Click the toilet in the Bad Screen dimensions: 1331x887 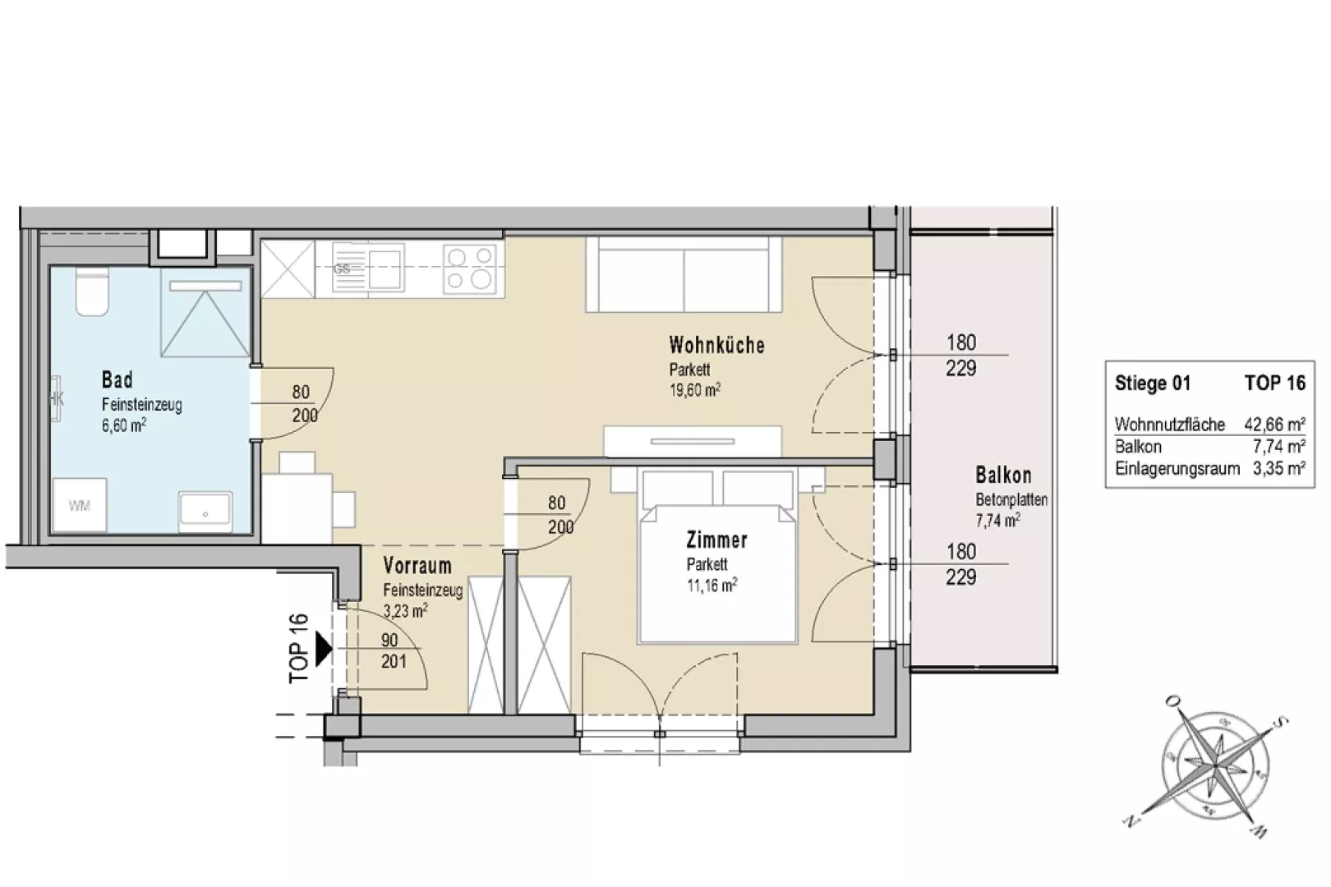pos(91,292)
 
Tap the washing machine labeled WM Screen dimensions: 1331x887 pos(80,506)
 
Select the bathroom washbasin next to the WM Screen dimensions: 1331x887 pos(205,510)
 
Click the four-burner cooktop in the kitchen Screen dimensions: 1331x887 pos(469,269)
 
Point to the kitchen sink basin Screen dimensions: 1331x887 pos(385,269)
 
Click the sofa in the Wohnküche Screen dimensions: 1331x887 pos(684,273)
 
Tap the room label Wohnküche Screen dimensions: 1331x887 pos(716,345)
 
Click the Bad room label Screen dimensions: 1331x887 pos(117,379)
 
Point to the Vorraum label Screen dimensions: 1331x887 pos(417,565)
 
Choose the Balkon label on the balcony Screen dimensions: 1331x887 pos(1003,476)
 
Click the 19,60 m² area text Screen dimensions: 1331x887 pos(694,390)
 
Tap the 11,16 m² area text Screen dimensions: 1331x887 pos(712,586)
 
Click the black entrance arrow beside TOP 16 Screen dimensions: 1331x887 pos(324,650)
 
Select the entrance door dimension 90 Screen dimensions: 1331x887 pos(389,640)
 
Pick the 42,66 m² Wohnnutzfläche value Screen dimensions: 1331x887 pos(1274,424)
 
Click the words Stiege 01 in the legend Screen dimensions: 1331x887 pos(1152,384)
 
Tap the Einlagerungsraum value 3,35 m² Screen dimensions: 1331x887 pos(1278,469)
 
